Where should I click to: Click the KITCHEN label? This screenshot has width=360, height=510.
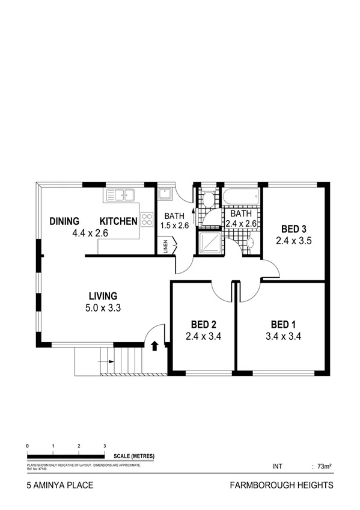click(x=118, y=221)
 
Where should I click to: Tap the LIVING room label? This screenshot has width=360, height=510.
click(x=103, y=296)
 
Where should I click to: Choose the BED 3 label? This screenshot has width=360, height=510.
click(x=294, y=229)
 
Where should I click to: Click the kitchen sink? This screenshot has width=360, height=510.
click(x=121, y=194)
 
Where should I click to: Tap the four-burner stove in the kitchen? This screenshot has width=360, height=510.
click(x=147, y=220)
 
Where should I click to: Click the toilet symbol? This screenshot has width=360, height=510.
click(x=208, y=199)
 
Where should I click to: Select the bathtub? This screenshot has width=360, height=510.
click(x=242, y=196)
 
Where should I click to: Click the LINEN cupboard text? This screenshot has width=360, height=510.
click(x=165, y=246)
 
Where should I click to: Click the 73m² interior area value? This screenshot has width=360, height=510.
click(x=325, y=466)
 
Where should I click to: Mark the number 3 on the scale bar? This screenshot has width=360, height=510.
click(x=105, y=446)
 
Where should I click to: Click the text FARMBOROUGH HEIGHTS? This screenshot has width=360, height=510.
click(x=281, y=485)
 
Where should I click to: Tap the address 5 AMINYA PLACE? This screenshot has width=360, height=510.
click(x=60, y=485)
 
